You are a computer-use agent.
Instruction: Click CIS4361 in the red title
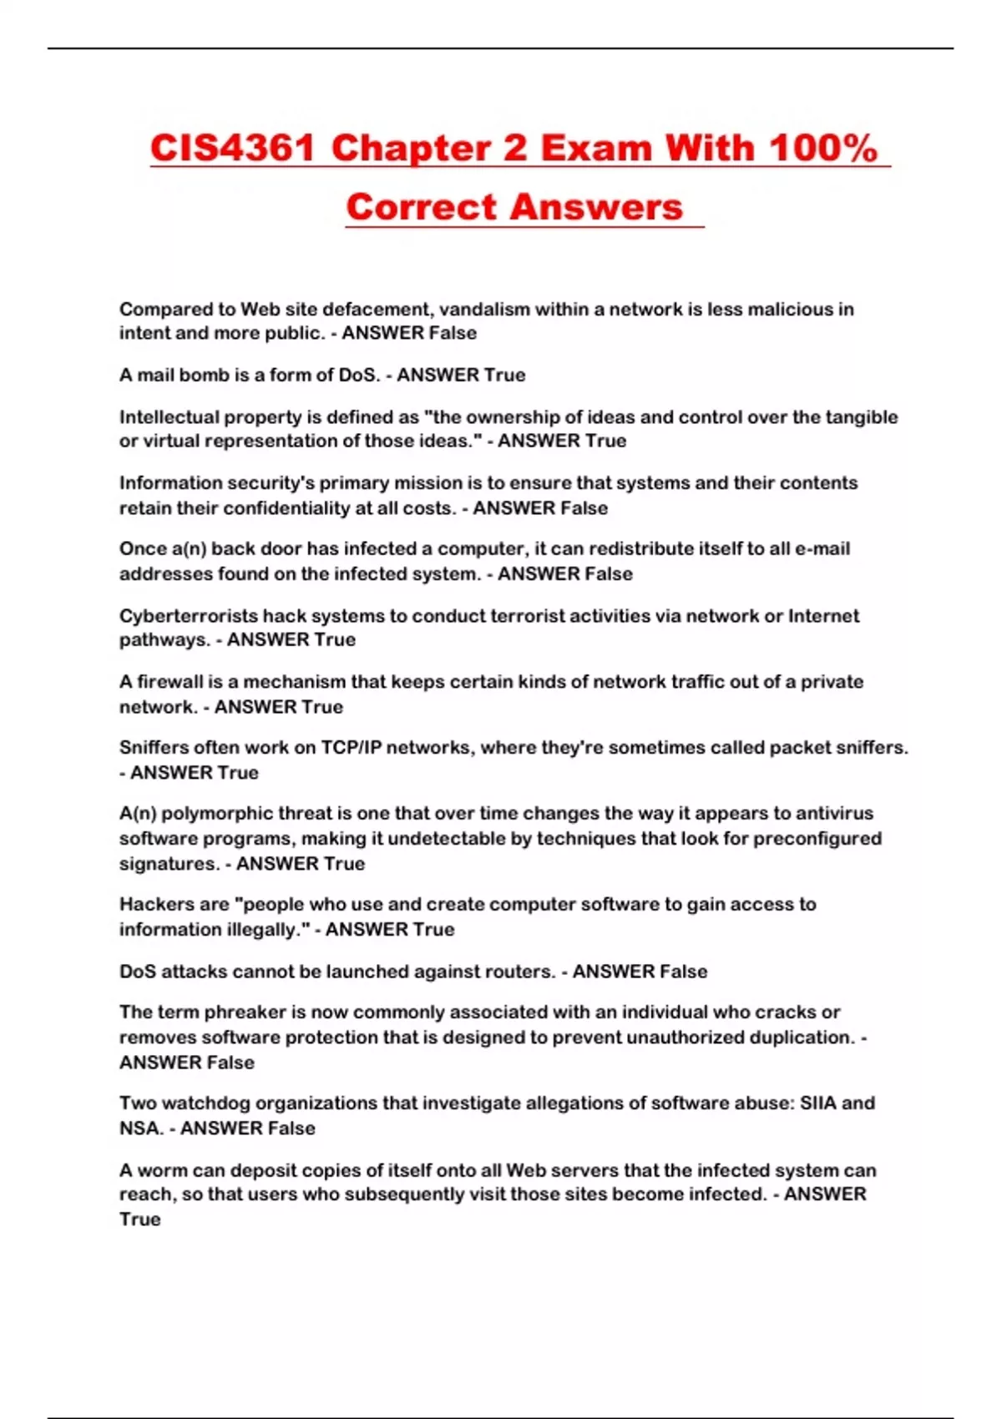[232, 149]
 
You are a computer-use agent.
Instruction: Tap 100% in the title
[822, 149]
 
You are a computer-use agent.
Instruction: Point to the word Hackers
[151, 905]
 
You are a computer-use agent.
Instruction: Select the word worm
[161, 1170]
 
